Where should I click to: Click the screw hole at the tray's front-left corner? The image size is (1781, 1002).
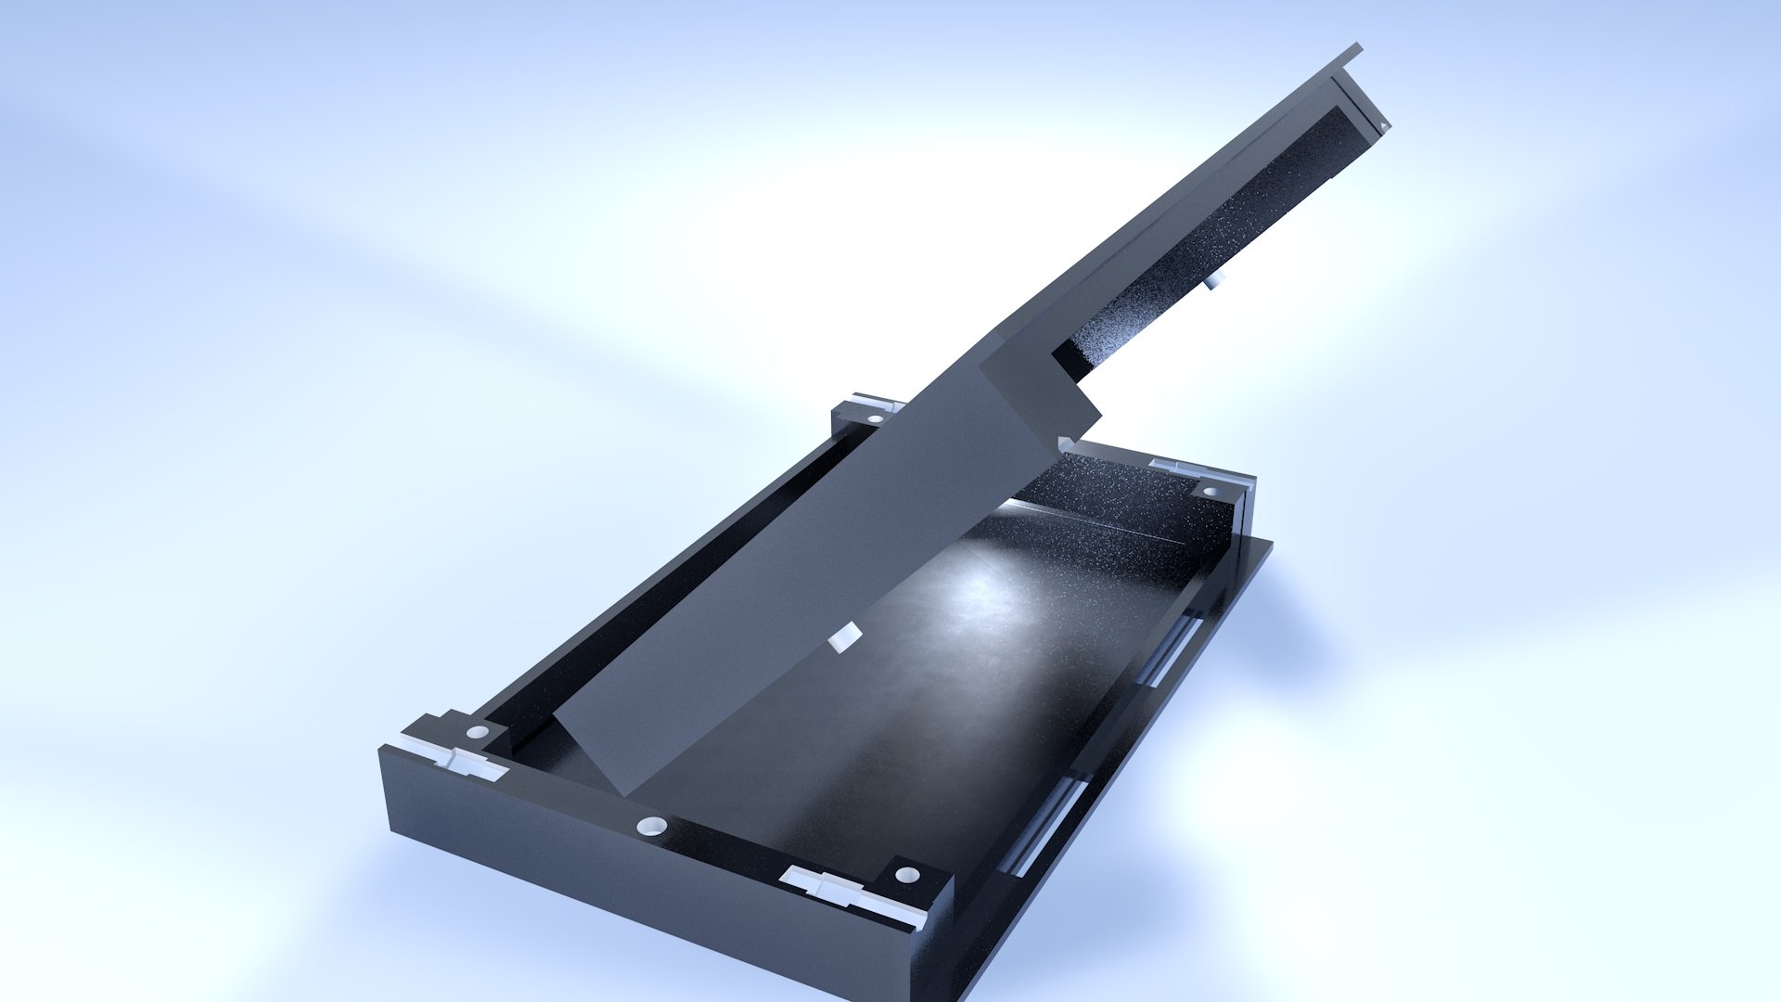click(x=477, y=733)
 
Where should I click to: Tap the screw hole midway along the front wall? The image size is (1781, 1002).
click(x=652, y=825)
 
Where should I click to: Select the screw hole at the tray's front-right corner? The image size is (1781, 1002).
click(x=907, y=875)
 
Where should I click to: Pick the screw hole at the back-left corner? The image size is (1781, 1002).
click(x=875, y=418)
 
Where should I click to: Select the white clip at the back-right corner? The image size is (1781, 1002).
click(x=1174, y=469)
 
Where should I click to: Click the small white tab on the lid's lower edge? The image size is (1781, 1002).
click(x=843, y=637)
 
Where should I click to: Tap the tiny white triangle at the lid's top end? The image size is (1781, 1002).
click(x=1382, y=125)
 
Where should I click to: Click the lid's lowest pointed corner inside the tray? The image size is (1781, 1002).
click(x=627, y=794)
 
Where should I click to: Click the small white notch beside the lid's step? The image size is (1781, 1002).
click(x=1065, y=443)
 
